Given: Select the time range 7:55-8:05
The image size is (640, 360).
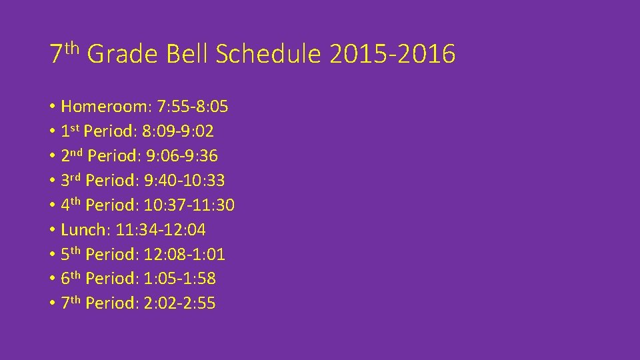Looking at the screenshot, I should pos(193,107).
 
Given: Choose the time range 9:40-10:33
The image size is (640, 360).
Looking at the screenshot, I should pos(185,181).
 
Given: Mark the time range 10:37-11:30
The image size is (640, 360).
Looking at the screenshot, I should pos(189,205).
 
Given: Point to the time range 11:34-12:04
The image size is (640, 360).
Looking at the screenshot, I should pos(161,230).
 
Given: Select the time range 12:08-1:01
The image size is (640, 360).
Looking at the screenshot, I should pos(185,255).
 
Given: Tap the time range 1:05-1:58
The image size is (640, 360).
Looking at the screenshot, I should pos(180,279).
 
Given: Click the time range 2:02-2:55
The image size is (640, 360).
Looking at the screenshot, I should pos(180,303).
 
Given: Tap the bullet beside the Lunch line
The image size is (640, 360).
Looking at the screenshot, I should pos(51,231).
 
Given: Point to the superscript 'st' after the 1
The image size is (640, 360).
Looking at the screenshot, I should pos(75,127).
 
